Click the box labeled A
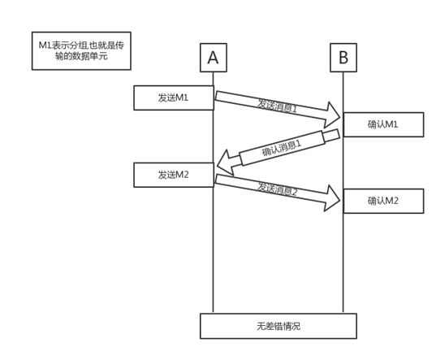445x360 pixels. (213, 58)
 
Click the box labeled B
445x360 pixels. (343, 58)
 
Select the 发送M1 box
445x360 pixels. (174, 98)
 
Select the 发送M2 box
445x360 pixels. (174, 175)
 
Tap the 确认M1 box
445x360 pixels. (383, 124)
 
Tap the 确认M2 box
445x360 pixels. (383, 201)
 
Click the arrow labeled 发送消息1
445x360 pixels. (276, 104)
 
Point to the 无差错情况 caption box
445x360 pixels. (278, 326)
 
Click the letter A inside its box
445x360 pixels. (213, 58)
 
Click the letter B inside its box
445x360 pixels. (343, 58)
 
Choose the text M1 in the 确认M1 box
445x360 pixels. (391, 124)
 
